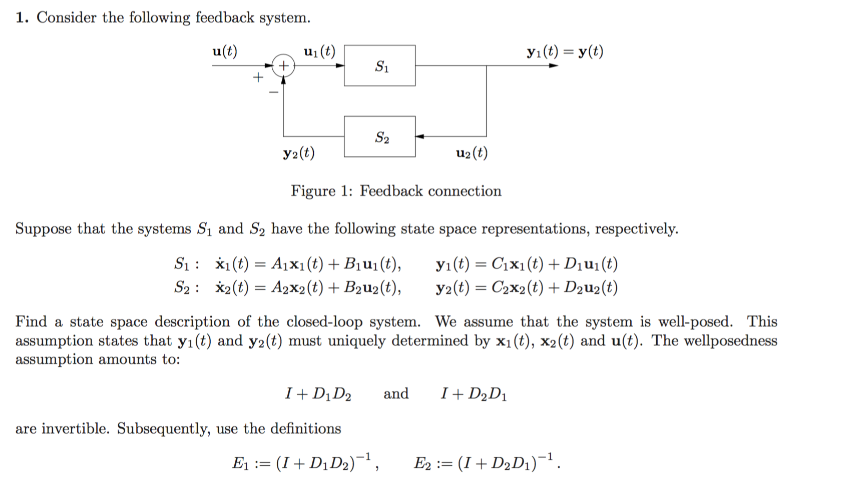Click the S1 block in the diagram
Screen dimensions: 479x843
pyautogui.click(x=379, y=65)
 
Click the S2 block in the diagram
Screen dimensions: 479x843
pyautogui.click(x=379, y=136)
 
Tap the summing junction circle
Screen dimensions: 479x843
pyautogui.click(x=283, y=65)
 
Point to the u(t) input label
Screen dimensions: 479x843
pyautogui.click(x=225, y=51)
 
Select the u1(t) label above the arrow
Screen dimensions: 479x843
pyautogui.click(x=319, y=51)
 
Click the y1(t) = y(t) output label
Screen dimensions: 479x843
pyautogui.click(x=565, y=51)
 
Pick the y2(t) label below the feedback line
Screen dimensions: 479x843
pyautogui.click(x=299, y=153)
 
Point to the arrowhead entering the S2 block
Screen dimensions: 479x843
pyautogui.click(x=420, y=136)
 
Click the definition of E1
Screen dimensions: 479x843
pyautogui.click(x=305, y=462)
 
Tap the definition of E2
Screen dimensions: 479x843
pyautogui.click(x=486, y=462)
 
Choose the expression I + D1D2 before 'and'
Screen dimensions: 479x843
pyautogui.click(x=318, y=394)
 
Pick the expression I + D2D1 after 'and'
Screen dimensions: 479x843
pyautogui.click(x=474, y=394)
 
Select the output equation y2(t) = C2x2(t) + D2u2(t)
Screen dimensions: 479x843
pyautogui.click(x=527, y=287)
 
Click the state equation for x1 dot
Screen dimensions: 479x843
pyautogui.click(x=308, y=263)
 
